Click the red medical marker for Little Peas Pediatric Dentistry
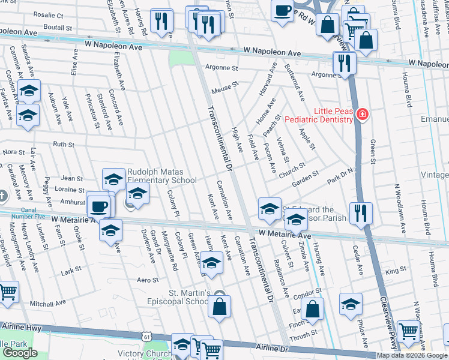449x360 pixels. pyautogui.click(x=362, y=114)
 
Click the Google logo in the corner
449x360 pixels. pyautogui.click(x=20, y=353)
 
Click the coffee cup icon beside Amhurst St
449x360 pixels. pyautogui.click(x=100, y=206)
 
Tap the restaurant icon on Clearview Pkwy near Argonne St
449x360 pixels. pyautogui.click(x=345, y=62)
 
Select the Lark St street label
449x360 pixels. pyautogui.click(x=71, y=271)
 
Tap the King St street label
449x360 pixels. pyautogui.click(x=396, y=271)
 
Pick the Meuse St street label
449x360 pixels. pyautogui.click(x=225, y=89)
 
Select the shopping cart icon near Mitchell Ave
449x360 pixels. pyautogui.click(x=7, y=293)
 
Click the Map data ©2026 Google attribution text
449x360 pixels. pyautogui.click(x=412, y=355)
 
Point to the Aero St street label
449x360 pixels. pyautogui.click(x=147, y=280)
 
